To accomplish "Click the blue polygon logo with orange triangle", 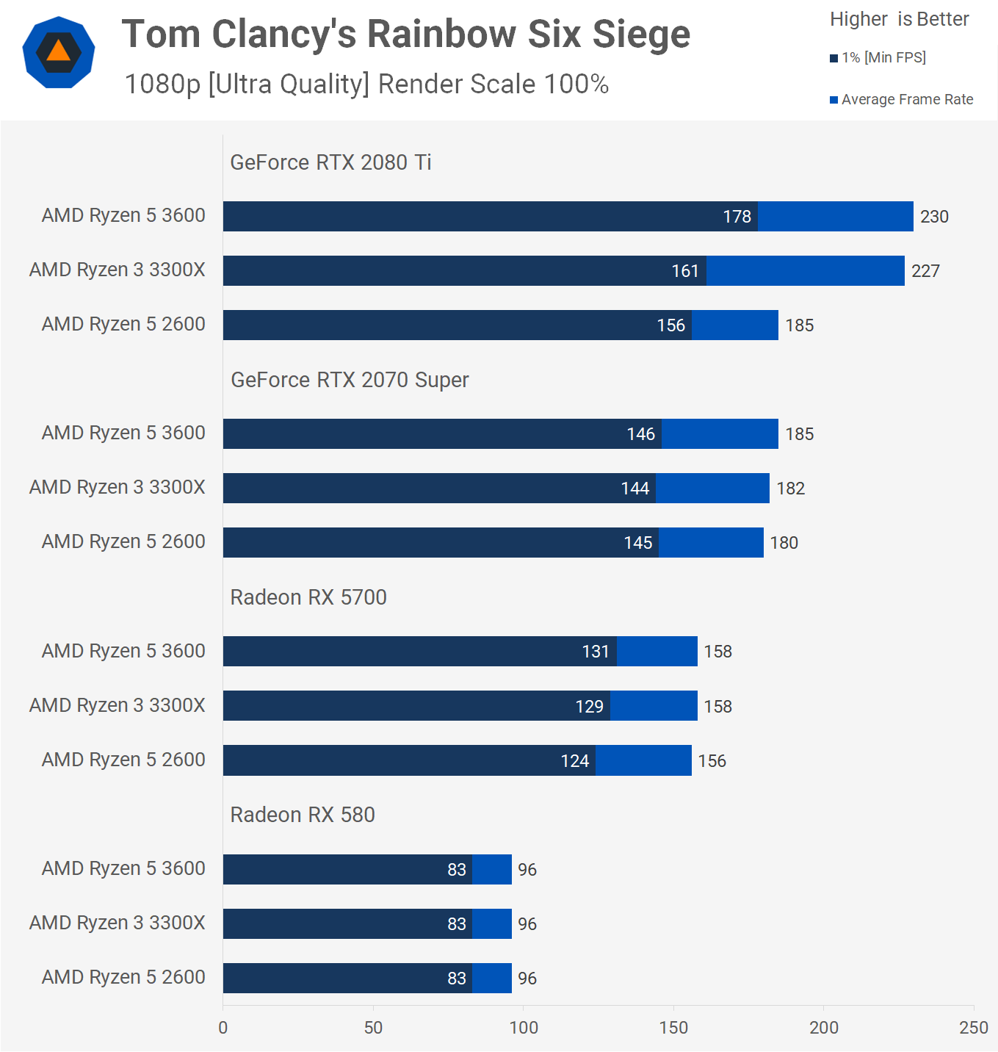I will [x=59, y=52].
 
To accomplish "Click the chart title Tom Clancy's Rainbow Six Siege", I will [x=405, y=35].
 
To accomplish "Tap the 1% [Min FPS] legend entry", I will [x=878, y=57].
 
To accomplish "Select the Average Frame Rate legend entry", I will [x=902, y=99].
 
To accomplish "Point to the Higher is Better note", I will [x=899, y=19].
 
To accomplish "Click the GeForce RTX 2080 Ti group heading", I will [x=330, y=162].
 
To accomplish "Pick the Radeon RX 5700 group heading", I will [x=308, y=597].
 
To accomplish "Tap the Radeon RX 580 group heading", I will [x=303, y=815].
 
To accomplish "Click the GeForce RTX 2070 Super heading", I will [x=350, y=380].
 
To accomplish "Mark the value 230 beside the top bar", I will [x=934, y=217].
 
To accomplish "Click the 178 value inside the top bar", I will [x=737, y=217].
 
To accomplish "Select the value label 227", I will [x=925, y=271].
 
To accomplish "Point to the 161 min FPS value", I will [x=685, y=271].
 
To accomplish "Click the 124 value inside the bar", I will [x=575, y=761].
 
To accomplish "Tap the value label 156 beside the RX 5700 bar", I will [x=712, y=761].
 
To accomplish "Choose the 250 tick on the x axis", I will [x=973, y=1028].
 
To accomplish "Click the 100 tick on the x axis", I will [x=524, y=1028].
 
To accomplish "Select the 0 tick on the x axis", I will [x=223, y=1028].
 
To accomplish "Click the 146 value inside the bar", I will [x=640, y=434].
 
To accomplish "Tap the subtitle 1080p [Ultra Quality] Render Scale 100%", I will [x=366, y=84].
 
